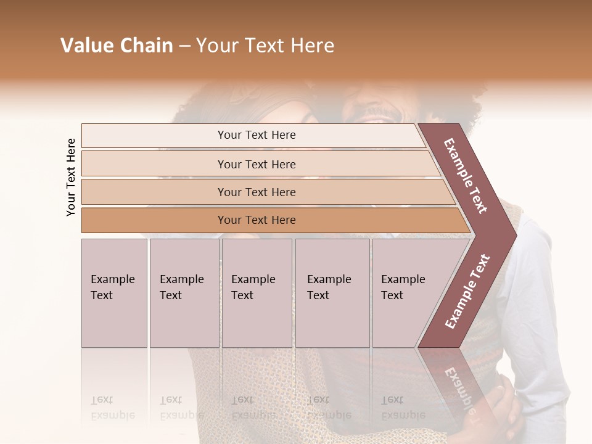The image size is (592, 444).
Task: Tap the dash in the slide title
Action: pos(184,46)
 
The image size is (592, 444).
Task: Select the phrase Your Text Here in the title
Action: pos(265,46)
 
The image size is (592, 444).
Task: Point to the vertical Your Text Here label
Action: pos(71,177)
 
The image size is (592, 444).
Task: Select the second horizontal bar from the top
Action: pos(256,164)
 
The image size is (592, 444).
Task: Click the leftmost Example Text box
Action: pos(114,293)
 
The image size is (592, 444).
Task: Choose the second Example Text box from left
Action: pos(184,293)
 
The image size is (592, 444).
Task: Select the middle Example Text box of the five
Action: pos(257,293)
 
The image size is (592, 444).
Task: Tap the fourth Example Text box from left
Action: pos(332,293)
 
